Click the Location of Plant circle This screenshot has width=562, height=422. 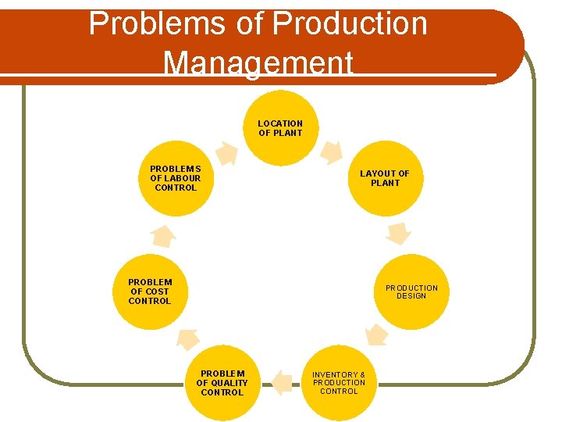pos(280,128)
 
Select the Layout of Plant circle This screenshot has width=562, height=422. pos(385,178)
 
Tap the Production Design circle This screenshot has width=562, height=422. pos(411,291)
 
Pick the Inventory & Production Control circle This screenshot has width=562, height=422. pos(339,383)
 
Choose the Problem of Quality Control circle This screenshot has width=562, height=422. pos(222,383)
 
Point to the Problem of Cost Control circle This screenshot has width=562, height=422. pos(150,291)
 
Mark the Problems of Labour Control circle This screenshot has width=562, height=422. pos(176,178)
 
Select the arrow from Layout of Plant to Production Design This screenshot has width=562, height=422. pos(399,233)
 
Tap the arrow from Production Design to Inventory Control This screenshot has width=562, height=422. pos(376,335)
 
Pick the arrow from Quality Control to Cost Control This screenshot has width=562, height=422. pos(187,338)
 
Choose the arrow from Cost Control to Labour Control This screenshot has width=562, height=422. pos(162,234)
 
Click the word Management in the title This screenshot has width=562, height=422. pos(258,62)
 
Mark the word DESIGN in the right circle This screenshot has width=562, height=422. pos(411,296)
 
